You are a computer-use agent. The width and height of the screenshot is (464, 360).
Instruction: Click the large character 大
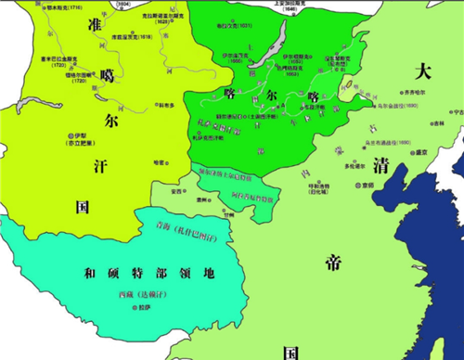coord(425,71)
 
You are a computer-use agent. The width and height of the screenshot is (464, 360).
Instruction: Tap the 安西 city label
coord(176,192)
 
